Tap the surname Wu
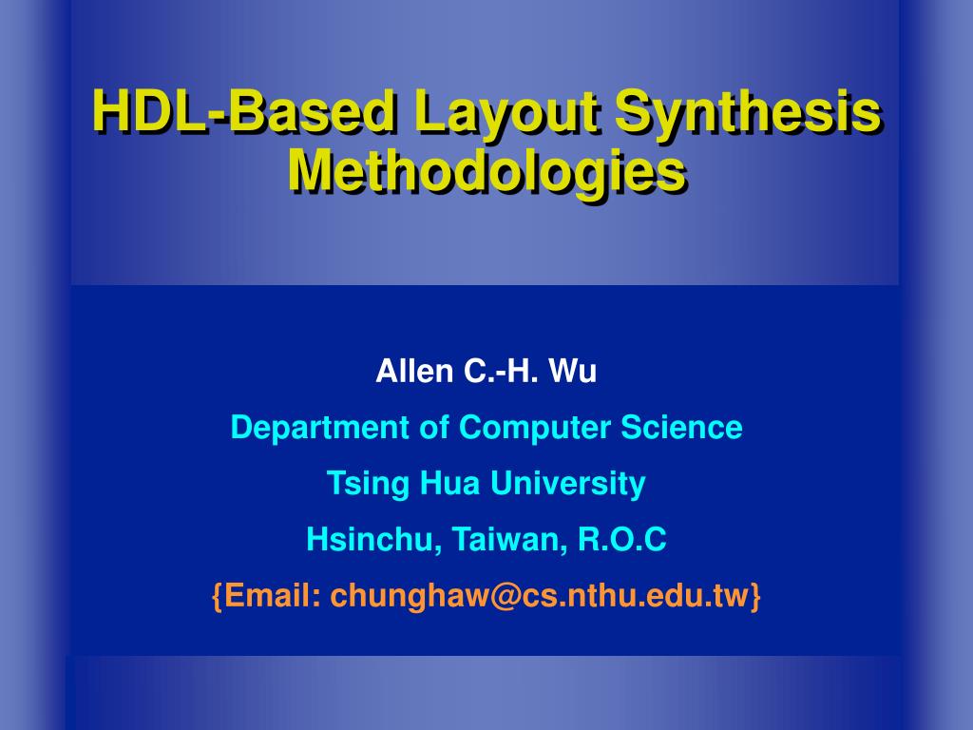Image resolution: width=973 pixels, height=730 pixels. (x=573, y=372)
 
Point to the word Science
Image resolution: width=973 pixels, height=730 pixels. (x=682, y=427)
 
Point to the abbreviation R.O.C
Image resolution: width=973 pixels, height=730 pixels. (x=622, y=539)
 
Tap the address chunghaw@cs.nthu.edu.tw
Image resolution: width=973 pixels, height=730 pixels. (x=540, y=597)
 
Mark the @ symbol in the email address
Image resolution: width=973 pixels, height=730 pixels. (x=506, y=597)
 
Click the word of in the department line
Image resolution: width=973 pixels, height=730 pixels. (x=434, y=427)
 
